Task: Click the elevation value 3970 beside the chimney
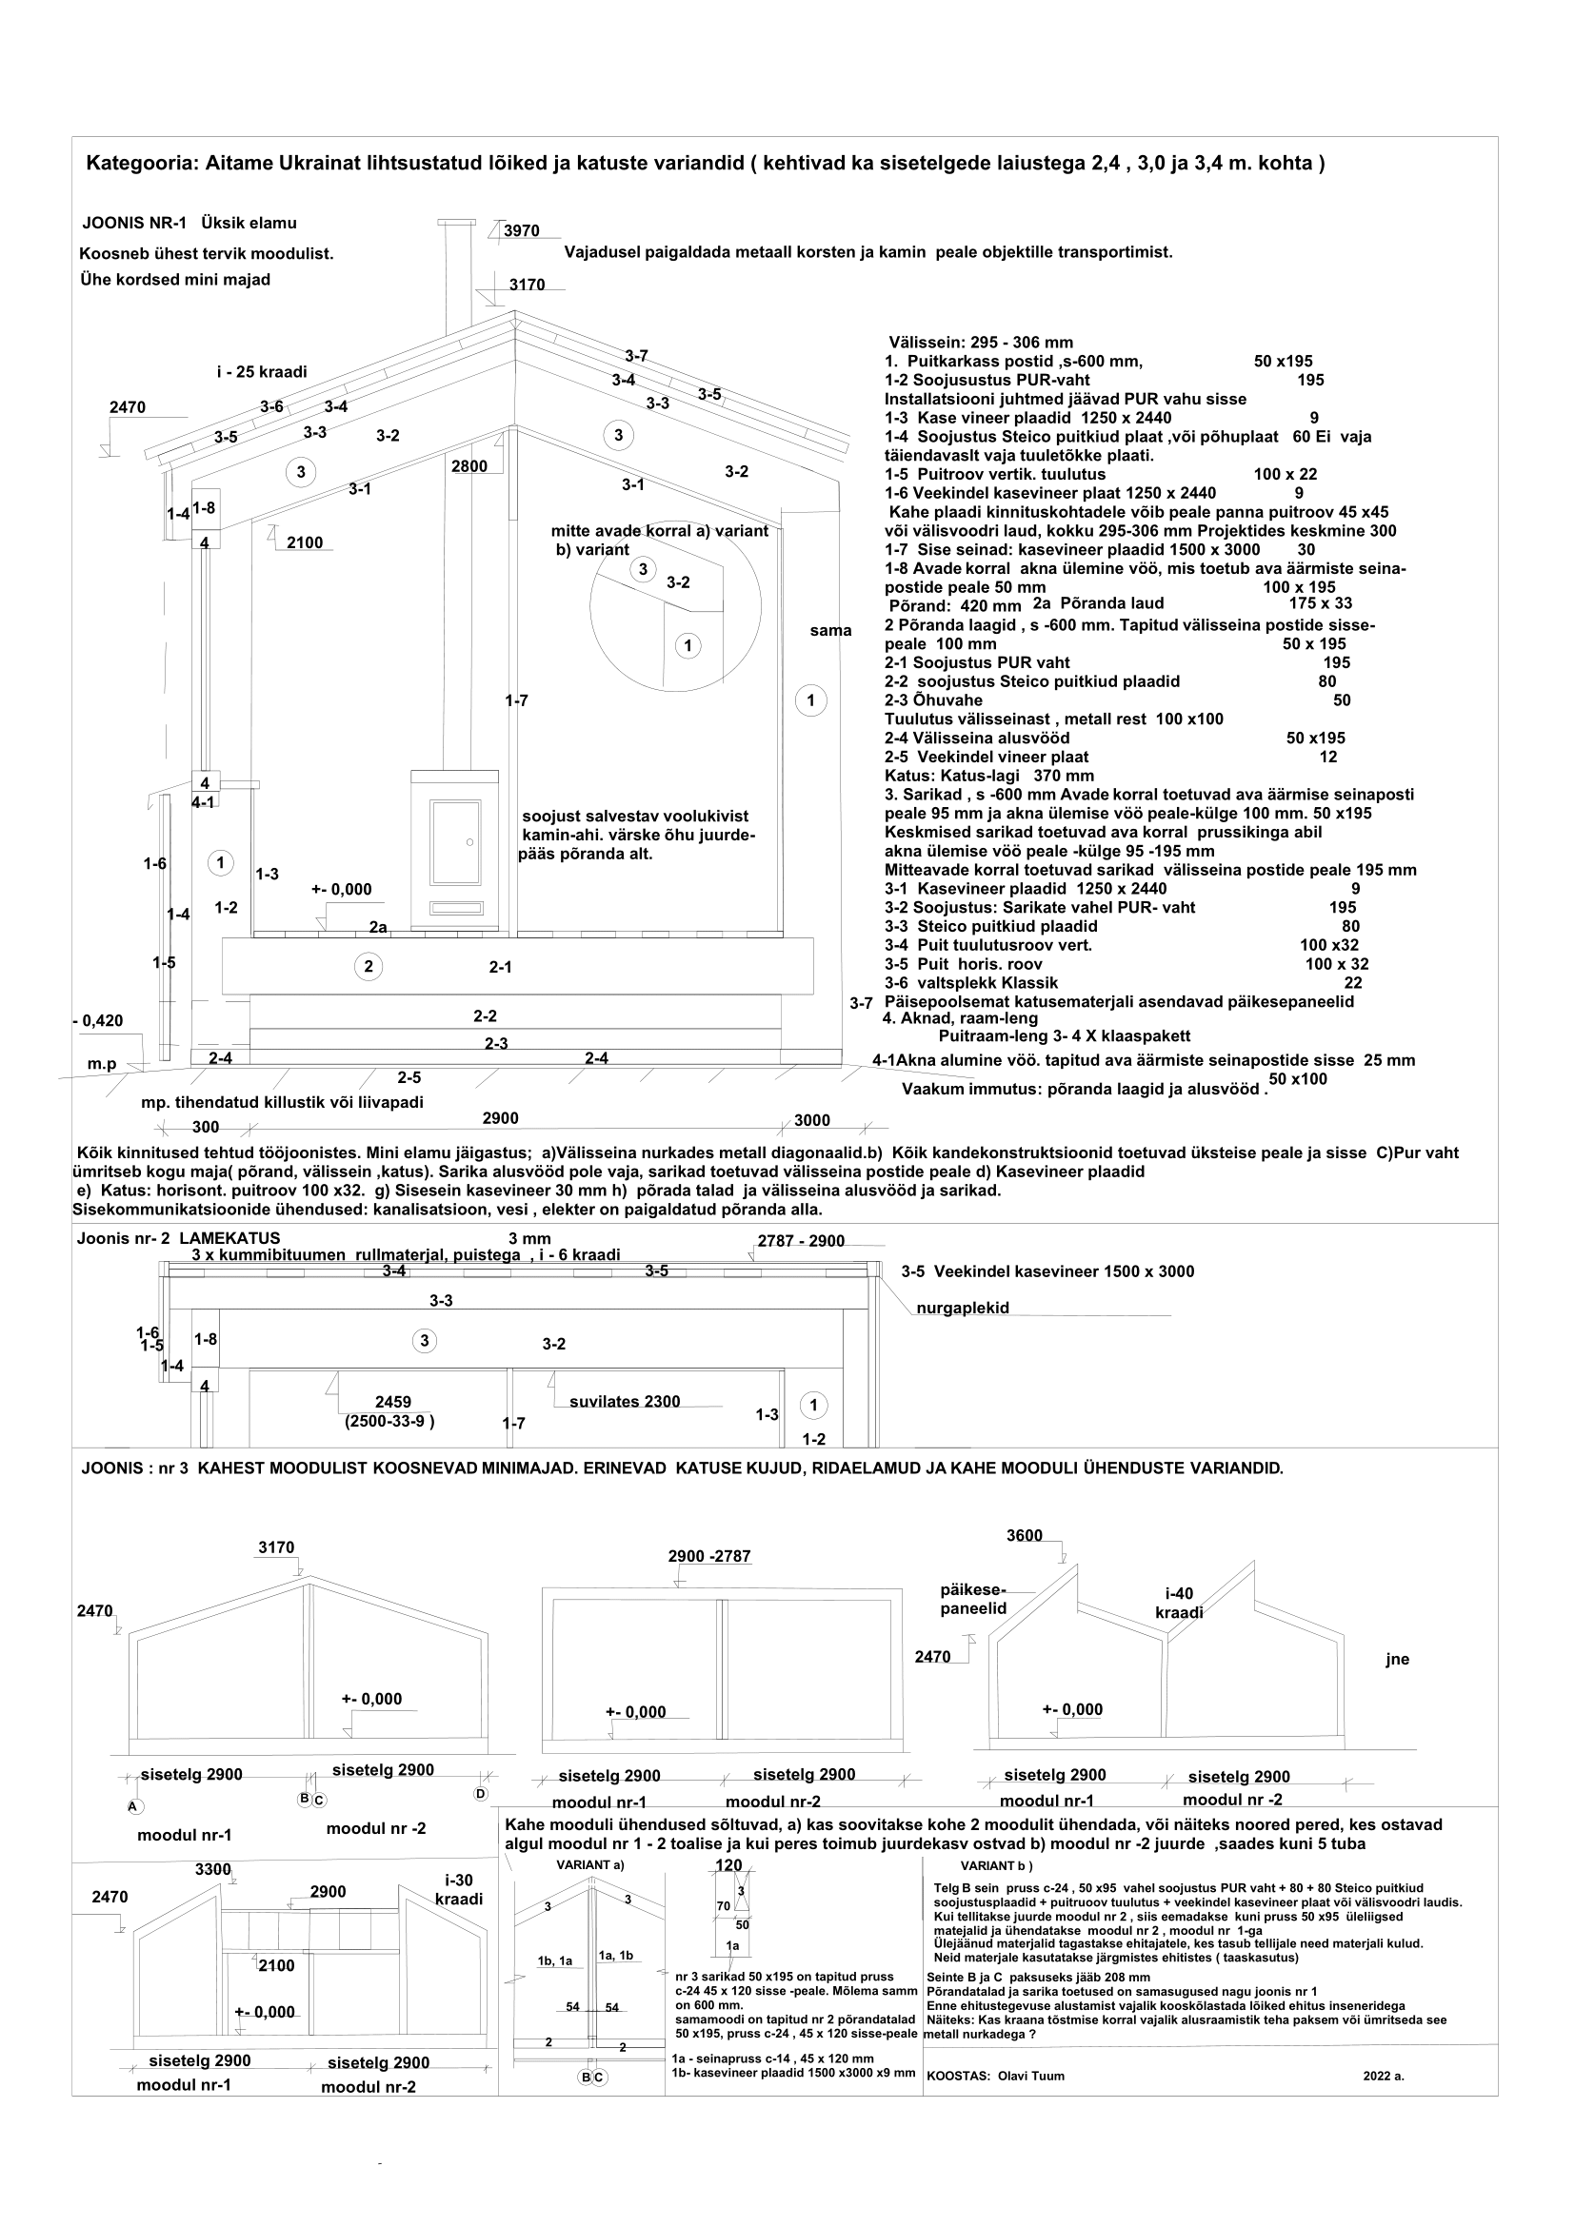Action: click(522, 230)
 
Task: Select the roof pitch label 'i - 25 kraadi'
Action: click(261, 371)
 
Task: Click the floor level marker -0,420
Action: click(99, 1020)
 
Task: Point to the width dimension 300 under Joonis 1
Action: click(206, 1127)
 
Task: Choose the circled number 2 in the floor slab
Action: click(368, 966)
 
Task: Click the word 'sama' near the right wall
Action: click(830, 631)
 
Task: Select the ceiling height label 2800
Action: click(469, 466)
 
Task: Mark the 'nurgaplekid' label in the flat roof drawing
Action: click(962, 1308)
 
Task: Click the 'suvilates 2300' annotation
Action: click(625, 1401)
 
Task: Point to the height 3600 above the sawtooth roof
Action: click(1025, 1536)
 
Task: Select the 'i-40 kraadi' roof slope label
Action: click(1179, 1604)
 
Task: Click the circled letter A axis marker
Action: click(134, 1806)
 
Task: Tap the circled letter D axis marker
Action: click(480, 1794)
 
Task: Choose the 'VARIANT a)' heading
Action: click(589, 1864)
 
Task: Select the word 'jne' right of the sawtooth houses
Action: click(1397, 1659)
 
